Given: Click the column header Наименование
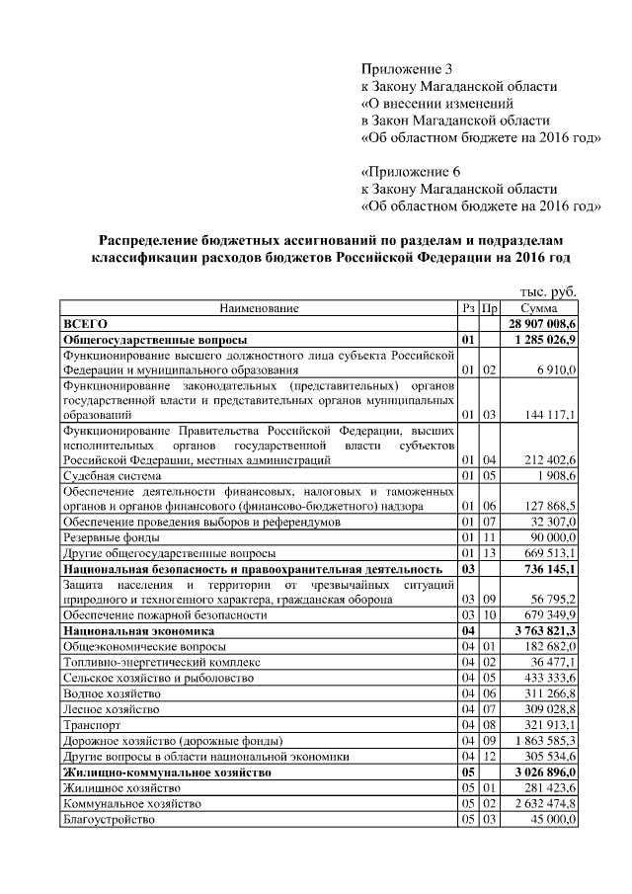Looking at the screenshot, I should tap(259, 308).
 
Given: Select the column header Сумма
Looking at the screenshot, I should tap(540, 308).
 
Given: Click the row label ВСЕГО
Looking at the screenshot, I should tap(85, 323).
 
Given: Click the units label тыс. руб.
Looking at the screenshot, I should tap(547, 292).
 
